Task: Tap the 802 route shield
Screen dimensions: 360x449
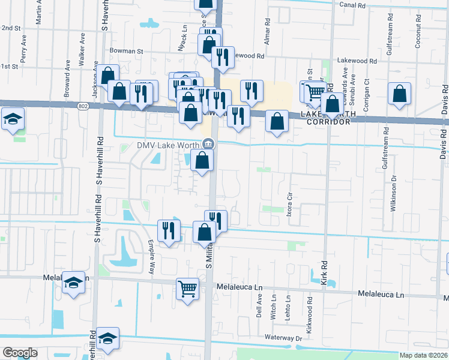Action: pyautogui.click(x=83, y=106)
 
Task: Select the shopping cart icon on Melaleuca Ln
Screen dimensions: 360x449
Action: pyautogui.click(x=188, y=289)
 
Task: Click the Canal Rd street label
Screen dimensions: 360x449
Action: pyautogui.click(x=352, y=5)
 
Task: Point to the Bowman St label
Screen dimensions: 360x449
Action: pyautogui.click(x=126, y=52)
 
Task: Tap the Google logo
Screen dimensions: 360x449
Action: pyautogui.click(x=20, y=352)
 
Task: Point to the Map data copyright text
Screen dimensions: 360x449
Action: pyautogui.click(x=423, y=355)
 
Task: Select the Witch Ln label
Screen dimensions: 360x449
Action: pyautogui.click(x=274, y=305)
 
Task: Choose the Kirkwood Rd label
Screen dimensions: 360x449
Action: pyautogui.click(x=310, y=307)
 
